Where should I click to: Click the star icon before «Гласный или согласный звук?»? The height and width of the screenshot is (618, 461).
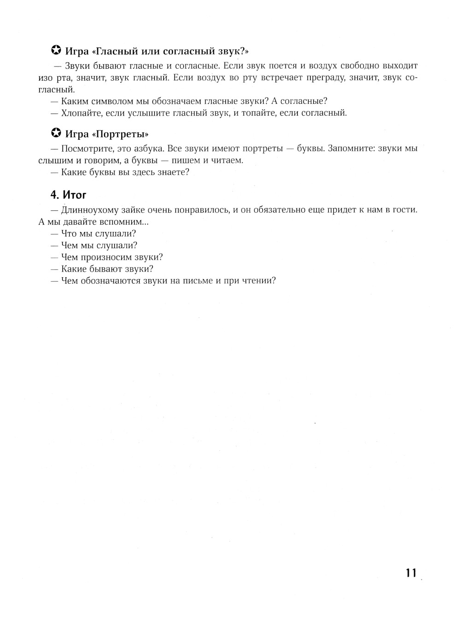(x=56, y=50)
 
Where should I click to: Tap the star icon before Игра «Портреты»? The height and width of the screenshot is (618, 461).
(x=56, y=134)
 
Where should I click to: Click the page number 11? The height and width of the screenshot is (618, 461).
(x=411, y=573)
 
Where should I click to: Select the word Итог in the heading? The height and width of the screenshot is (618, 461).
(x=75, y=195)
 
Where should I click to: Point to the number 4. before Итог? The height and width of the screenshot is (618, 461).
(x=55, y=195)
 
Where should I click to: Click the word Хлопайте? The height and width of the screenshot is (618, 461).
(x=81, y=113)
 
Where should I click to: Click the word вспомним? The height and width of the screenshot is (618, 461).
(x=124, y=222)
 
